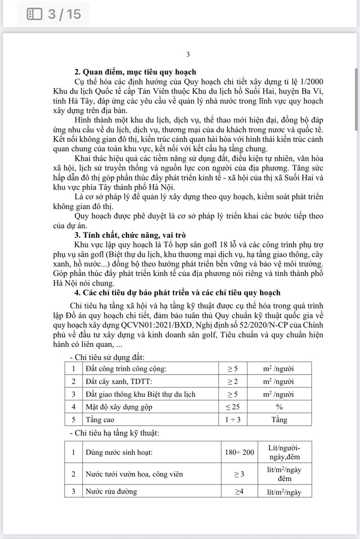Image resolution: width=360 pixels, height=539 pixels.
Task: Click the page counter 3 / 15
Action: coord(64,14)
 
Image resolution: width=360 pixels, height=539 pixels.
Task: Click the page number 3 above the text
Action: coord(188,54)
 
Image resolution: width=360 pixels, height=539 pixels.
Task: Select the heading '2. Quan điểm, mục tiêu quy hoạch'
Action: coord(135,72)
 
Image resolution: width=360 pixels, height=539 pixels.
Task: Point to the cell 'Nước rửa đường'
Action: coord(111,491)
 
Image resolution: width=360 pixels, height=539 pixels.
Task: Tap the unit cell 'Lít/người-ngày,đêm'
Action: coord(284,452)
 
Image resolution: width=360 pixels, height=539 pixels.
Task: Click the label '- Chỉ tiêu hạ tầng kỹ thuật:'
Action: coord(115,432)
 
